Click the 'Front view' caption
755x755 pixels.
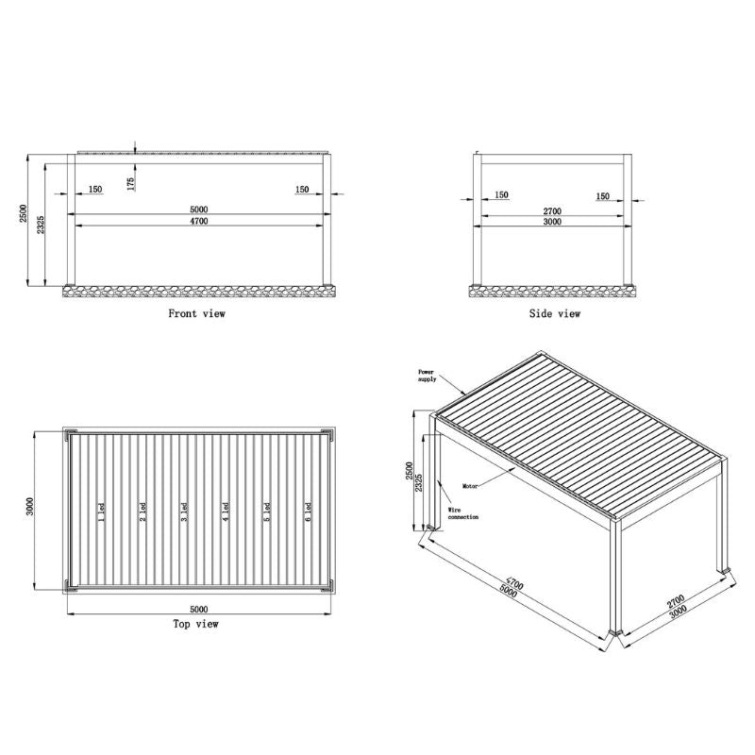(x=196, y=313)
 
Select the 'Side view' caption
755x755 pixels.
(x=554, y=313)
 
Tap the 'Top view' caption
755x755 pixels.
(x=195, y=624)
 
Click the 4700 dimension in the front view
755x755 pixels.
(x=198, y=221)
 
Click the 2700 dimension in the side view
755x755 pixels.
(x=552, y=210)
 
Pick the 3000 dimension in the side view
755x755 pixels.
(x=552, y=223)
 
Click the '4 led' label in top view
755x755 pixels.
(x=225, y=512)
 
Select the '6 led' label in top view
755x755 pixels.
(x=308, y=512)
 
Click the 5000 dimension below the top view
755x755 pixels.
(x=198, y=609)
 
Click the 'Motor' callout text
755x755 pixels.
(x=471, y=487)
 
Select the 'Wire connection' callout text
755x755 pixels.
(x=463, y=513)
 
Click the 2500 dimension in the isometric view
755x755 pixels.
(x=408, y=473)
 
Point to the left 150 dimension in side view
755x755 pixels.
(x=501, y=195)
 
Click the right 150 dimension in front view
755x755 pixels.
(x=302, y=190)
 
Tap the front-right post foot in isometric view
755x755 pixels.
(x=616, y=633)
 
